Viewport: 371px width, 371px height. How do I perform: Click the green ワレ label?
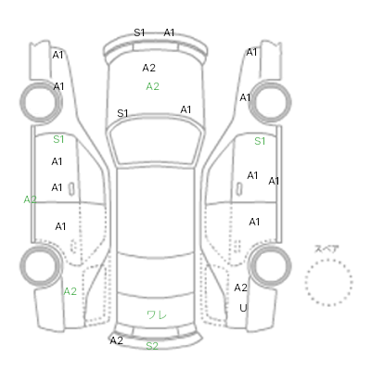pos(157,314)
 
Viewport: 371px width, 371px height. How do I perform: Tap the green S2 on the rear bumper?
pos(152,346)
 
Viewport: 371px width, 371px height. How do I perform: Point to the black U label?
pos(243,308)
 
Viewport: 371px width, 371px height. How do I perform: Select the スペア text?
pos(326,249)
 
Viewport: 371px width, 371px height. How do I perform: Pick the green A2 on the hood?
pos(152,86)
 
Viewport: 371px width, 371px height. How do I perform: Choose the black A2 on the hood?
pos(148,68)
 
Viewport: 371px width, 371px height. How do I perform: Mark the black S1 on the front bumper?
pos(139,32)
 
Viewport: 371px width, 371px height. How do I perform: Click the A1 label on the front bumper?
pos(169,32)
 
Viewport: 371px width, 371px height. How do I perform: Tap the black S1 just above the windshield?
pos(122,113)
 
